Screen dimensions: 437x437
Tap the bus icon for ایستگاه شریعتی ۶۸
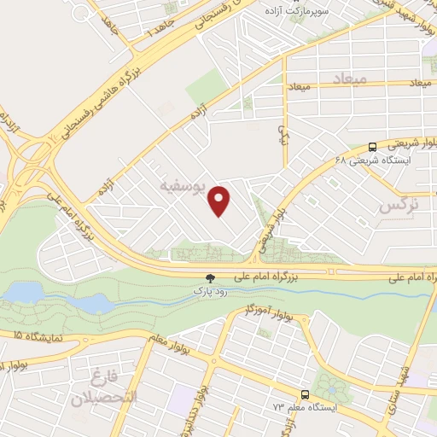(x=371, y=147)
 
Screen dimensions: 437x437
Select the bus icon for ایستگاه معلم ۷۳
(x=305, y=394)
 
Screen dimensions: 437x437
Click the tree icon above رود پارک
(x=210, y=278)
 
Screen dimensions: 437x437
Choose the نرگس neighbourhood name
(x=398, y=206)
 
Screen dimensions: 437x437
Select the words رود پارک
(x=210, y=291)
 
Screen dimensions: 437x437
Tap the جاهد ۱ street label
(x=160, y=23)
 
